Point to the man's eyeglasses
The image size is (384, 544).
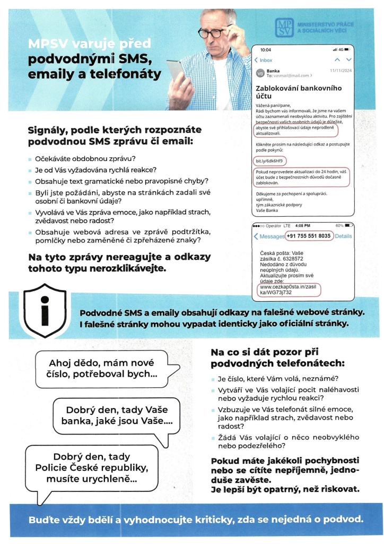pyautogui.click(x=214, y=31)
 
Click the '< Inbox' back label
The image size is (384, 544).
pyautogui.click(x=264, y=60)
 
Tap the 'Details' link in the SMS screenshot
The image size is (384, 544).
pyautogui.click(x=344, y=236)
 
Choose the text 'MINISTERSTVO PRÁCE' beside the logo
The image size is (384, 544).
pyautogui.click(x=325, y=24)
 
